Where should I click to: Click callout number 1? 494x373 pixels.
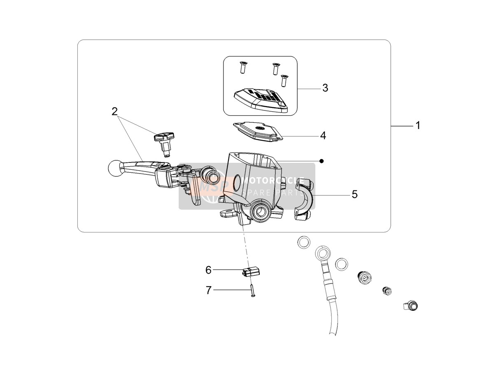pyautogui.click(x=418, y=125)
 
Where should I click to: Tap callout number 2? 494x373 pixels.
pyautogui.click(x=114, y=111)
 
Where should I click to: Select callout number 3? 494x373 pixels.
pyautogui.click(x=325, y=88)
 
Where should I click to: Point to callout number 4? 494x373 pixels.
pyautogui.click(x=323, y=136)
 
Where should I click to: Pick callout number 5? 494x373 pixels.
pyautogui.click(x=355, y=194)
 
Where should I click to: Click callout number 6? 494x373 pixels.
pyautogui.click(x=208, y=270)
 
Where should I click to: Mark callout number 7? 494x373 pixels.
pyautogui.click(x=209, y=290)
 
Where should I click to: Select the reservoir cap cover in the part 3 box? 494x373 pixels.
pyautogui.click(x=261, y=100)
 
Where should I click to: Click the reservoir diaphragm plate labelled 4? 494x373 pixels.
pyautogui.click(x=258, y=131)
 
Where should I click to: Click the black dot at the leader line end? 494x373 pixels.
pyautogui.click(x=322, y=161)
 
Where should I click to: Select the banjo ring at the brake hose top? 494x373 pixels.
pyautogui.click(x=324, y=253)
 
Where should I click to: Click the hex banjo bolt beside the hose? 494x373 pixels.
pyautogui.click(x=364, y=277)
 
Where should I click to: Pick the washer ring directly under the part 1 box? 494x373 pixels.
pyautogui.click(x=304, y=242)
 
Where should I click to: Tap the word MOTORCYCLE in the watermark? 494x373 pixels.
pyautogui.click(x=273, y=181)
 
